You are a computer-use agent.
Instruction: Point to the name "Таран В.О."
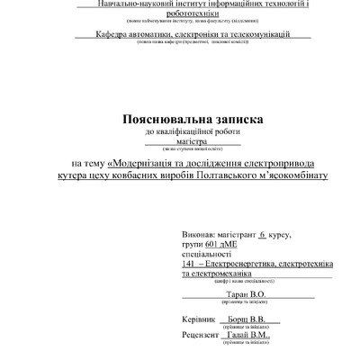pyautogui.click(x=246, y=293)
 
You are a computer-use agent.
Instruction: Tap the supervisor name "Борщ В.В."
pyautogui.click(x=245, y=319)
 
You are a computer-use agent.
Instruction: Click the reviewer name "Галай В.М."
pyautogui.click(x=249, y=334)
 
